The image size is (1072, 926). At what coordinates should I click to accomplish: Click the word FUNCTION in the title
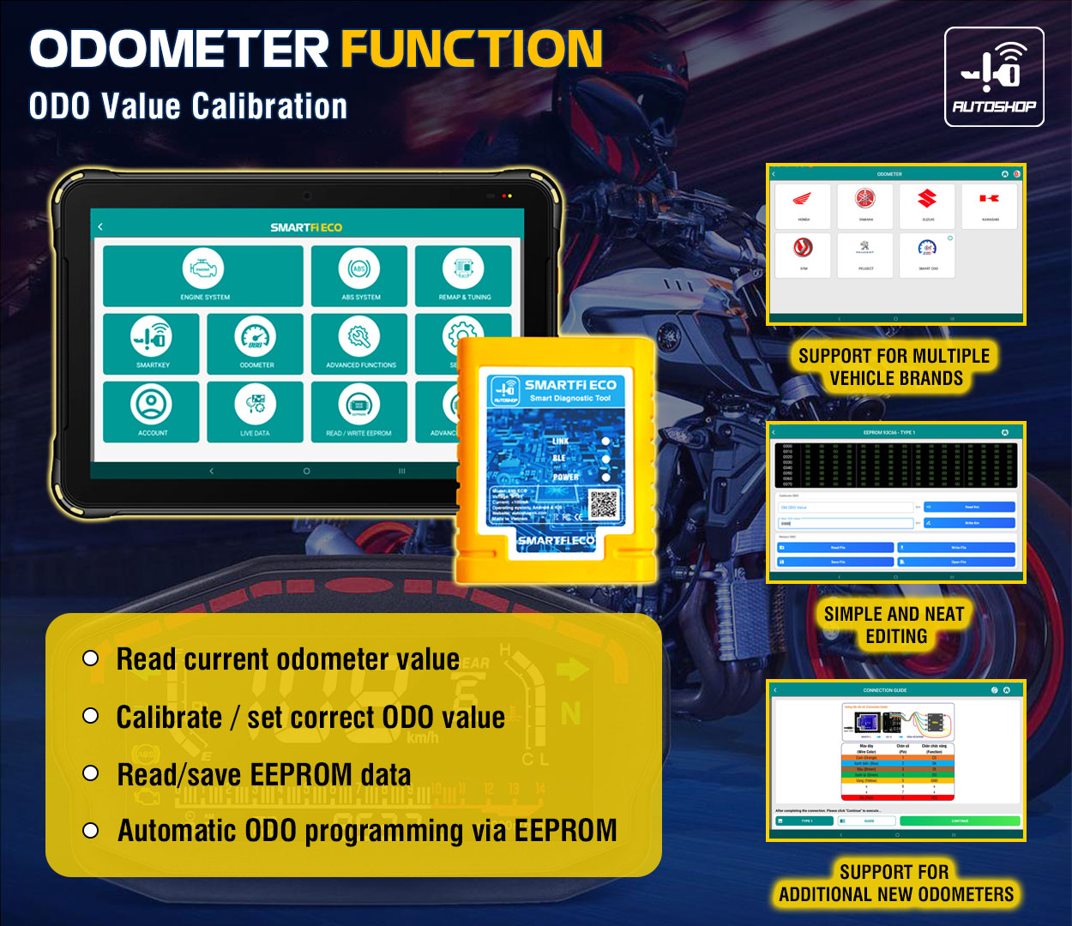pos(472,49)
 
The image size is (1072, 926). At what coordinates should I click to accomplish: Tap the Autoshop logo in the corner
pos(994,77)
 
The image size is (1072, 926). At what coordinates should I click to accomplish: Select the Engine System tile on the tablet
pos(203,275)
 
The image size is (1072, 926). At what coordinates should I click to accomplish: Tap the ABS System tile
pos(359,275)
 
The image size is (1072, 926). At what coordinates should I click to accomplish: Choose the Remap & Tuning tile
pos(463,275)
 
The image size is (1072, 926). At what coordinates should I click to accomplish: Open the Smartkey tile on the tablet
pos(152,343)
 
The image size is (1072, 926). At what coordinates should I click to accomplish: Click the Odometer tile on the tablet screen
pos(256,343)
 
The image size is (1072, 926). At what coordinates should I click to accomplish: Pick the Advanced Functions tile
pos(359,343)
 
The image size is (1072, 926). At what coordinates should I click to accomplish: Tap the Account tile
pos(152,411)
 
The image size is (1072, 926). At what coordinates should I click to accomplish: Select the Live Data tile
pos(256,411)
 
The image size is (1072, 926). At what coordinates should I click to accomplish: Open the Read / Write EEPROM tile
pos(359,411)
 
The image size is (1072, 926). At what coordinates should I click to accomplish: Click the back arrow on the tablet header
pos(100,227)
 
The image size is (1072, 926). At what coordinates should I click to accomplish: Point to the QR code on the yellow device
pos(605,503)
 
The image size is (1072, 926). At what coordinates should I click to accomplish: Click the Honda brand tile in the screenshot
pos(803,205)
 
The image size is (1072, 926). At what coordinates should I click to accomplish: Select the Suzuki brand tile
pos(927,205)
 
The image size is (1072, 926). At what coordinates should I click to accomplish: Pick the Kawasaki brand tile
pos(989,205)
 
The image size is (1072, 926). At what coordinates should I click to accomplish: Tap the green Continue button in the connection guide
pos(960,821)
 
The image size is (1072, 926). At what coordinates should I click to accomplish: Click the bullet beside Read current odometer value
pos(91,658)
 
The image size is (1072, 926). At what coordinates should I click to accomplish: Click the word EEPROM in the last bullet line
pos(565,830)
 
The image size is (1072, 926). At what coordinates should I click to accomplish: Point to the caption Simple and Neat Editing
pos(895,625)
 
